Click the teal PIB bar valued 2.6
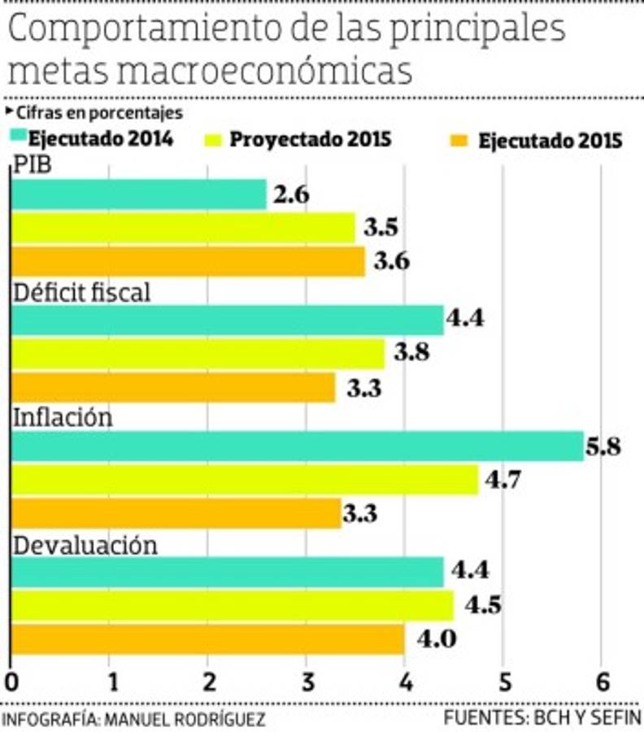click(x=139, y=195)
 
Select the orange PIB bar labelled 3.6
click(x=188, y=262)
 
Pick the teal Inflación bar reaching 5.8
click(x=297, y=446)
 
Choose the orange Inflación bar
click(x=176, y=513)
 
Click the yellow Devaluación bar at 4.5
click(x=232, y=606)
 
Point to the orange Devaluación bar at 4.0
click(x=207, y=639)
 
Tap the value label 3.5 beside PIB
click(x=381, y=229)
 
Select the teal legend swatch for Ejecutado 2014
click(x=18, y=136)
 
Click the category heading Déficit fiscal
click(x=82, y=293)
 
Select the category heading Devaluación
click(x=85, y=546)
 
